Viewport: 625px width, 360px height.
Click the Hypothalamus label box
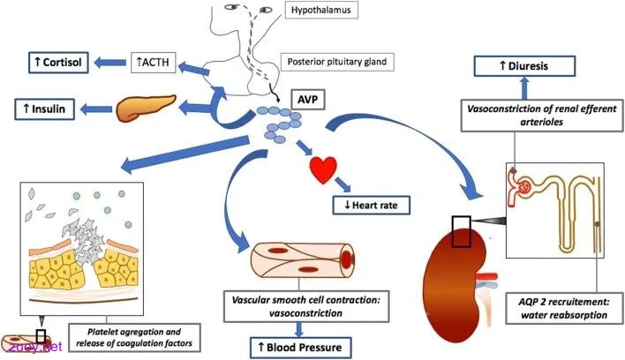[321, 10]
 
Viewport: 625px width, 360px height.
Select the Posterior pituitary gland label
[337, 62]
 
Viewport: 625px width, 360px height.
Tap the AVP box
[308, 100]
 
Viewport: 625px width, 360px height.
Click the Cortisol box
[58, 62]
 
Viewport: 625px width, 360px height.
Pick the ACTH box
[154, 62]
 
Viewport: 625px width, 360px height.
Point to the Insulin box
[45, 109]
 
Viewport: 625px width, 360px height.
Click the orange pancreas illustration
[145, 107]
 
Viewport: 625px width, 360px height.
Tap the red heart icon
[323, 169]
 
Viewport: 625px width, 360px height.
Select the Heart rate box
[371, 206]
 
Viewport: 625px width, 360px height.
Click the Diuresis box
[524, 66]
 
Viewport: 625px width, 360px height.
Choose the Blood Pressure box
[300, 348]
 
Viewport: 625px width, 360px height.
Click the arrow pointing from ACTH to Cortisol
[109, 63]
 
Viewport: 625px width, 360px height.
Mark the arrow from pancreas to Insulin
[96, 109]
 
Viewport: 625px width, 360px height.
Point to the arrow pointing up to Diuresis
[524, 87]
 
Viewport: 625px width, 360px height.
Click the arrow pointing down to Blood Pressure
[299, 329]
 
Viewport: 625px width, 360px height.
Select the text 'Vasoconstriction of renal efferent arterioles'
[542, 115]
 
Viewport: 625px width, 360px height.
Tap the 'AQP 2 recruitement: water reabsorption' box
[564, 309]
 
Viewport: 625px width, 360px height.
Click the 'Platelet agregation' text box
[134, 337]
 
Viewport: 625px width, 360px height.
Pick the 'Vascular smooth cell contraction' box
[306, 306]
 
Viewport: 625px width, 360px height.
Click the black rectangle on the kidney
[461, 232]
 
